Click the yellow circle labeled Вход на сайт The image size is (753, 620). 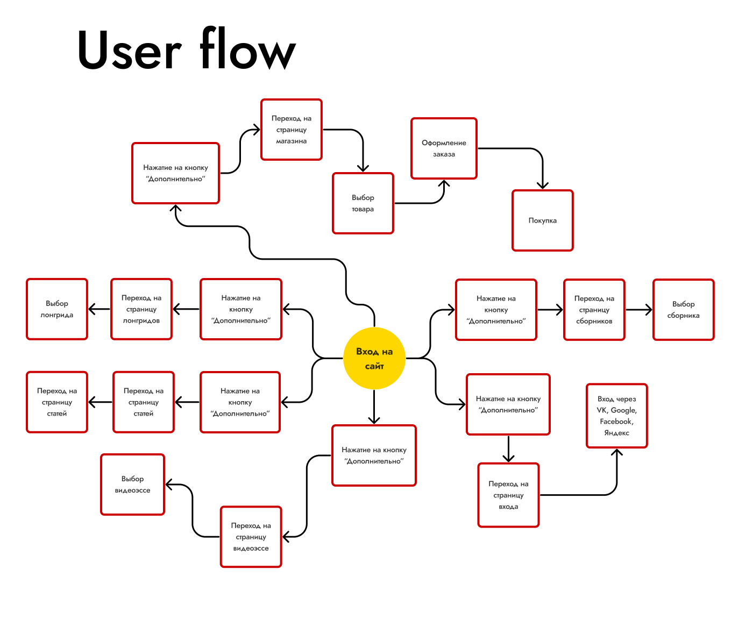coord(374,358)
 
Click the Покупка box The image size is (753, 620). coord(542,220)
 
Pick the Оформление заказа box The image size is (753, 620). coord(444,148)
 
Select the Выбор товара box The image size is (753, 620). coord(363,203)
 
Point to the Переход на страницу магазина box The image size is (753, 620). coord(291,130)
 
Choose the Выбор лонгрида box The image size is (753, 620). coord(57,309)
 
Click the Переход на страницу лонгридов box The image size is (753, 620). coord(141,309)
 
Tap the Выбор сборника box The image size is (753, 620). coord(683,310)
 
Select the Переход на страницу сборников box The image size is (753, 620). coord(594,310)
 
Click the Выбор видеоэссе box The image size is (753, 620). coord(132,484)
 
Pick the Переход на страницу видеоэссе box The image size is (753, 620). coord(251,537)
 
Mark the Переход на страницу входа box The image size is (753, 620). coord(508,495)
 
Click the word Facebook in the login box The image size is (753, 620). coord(616,422)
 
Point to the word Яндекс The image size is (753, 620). coord(616,433)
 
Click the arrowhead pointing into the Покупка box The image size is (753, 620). coord(543,186)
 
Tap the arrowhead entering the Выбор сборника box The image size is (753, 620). coord(649,310)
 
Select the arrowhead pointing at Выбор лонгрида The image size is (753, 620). coord(92,309)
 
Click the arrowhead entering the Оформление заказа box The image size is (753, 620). coord(444,183)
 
